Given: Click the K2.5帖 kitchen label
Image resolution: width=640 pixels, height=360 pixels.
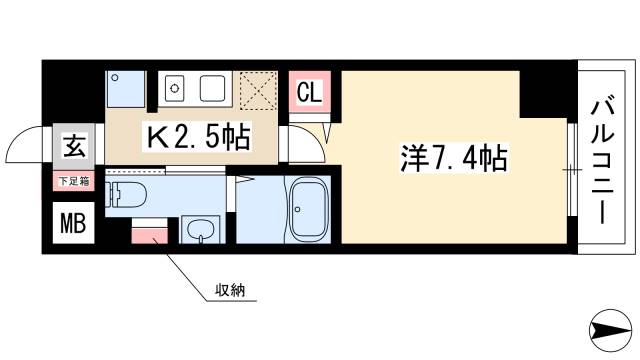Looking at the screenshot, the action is click(198, 137).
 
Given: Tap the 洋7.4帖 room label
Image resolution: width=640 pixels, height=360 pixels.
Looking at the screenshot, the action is click(453, 158).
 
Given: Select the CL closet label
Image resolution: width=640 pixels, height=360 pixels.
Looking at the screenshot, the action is click(309, 91).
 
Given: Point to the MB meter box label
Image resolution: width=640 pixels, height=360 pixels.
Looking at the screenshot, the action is click(73, 223).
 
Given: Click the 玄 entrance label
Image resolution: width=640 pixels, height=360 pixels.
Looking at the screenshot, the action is click(74, 146).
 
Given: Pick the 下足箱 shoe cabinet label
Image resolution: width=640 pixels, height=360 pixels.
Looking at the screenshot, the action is click(74, 181).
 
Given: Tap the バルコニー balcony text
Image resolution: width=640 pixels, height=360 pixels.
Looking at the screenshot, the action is click(602, 160).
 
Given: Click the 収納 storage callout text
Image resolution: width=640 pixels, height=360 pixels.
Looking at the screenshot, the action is click(230, 290).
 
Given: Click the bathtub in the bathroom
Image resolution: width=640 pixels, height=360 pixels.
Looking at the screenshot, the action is click(309, 209).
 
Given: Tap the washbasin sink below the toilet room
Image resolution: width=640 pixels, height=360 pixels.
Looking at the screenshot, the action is click(202, 231).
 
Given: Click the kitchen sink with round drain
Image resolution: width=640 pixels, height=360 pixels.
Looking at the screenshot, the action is click(174, 88).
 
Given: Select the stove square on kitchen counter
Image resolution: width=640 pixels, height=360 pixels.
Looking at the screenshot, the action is click(212, 88).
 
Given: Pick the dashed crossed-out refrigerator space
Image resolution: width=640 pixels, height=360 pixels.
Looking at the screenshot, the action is click(258, 91).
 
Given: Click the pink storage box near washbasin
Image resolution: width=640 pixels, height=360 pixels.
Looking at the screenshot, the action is click(149, 236).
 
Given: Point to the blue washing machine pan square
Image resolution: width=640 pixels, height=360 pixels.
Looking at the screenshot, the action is click(125, 89).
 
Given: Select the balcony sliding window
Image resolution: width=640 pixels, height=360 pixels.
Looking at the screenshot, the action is click(572, 169).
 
